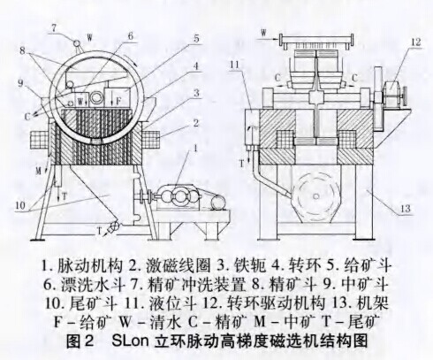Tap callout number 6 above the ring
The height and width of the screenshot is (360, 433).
coord(130,36)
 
